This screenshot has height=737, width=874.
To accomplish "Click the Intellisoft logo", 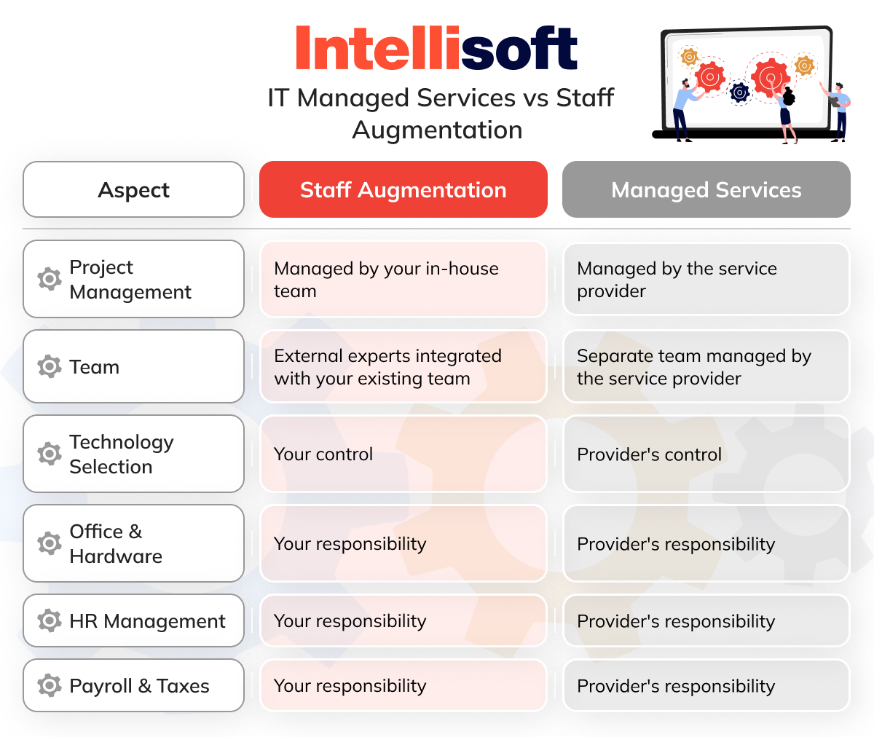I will tap(436, 50).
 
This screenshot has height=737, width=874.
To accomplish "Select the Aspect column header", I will tap(133, 190).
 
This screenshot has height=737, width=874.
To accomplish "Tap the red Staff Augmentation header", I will tap(403, 190).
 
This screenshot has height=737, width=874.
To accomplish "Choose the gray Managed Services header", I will tap(706, 190).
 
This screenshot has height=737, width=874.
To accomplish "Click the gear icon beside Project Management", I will tap(50, 279).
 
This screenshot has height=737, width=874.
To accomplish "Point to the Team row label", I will tap(94, 367).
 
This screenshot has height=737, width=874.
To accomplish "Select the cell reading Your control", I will tap(403, 454).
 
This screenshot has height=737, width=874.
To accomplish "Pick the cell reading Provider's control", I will tap(706, 454).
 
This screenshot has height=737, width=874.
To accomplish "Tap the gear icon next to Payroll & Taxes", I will tap(50, 685).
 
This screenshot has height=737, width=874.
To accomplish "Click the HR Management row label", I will tap(147, 621).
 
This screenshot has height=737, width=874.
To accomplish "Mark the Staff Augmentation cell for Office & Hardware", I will tap(403, 544).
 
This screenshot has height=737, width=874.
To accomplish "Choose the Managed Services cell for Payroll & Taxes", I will tap(706, 686).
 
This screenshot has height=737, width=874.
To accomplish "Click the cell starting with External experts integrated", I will tap(403, 367).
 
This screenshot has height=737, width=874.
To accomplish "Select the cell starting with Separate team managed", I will tap(706, 367).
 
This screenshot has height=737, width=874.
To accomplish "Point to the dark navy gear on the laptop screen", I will tap(739, 92).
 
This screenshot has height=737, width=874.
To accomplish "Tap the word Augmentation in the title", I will tap(437, 130).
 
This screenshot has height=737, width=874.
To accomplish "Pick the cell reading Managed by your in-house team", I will tap(403, 280).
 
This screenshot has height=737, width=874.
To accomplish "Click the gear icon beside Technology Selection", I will tap(50, 454).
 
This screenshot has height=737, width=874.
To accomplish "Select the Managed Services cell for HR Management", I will tap(706, 621).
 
